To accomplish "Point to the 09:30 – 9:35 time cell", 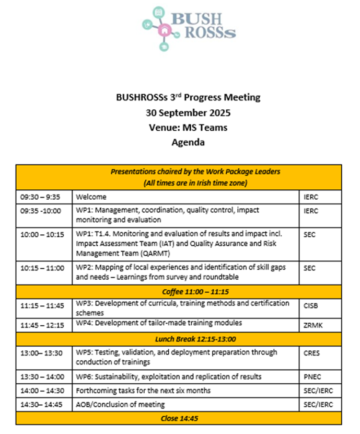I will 39,197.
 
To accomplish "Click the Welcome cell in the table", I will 91,197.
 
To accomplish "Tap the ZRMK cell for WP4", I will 313,325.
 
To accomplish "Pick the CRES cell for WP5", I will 312,353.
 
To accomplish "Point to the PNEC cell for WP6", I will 312,376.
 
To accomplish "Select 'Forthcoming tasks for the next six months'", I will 143,390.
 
